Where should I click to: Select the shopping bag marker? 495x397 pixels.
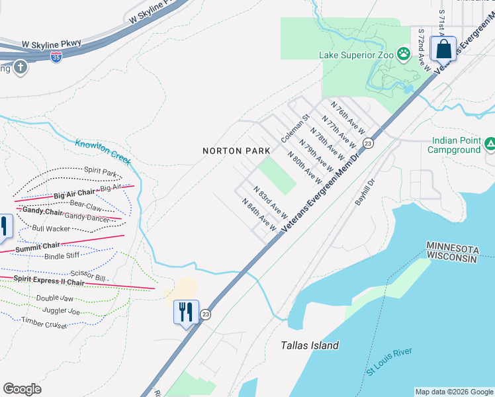point(443,50)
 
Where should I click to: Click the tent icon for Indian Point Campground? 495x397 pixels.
point(490,144)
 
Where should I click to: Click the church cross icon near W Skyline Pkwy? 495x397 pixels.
point(20,67)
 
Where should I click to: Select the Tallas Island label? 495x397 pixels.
point(310,345)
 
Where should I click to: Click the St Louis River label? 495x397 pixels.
point(389,361)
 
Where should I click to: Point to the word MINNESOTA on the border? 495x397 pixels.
point(452,248)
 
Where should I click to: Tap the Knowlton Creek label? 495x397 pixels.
point(103,152)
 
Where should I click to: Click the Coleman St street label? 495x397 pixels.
point(294,128)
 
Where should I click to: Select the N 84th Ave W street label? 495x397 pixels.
point(259,215)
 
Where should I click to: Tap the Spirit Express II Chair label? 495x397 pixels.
point(50,281)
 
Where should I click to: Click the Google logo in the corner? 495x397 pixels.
point(22,389)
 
